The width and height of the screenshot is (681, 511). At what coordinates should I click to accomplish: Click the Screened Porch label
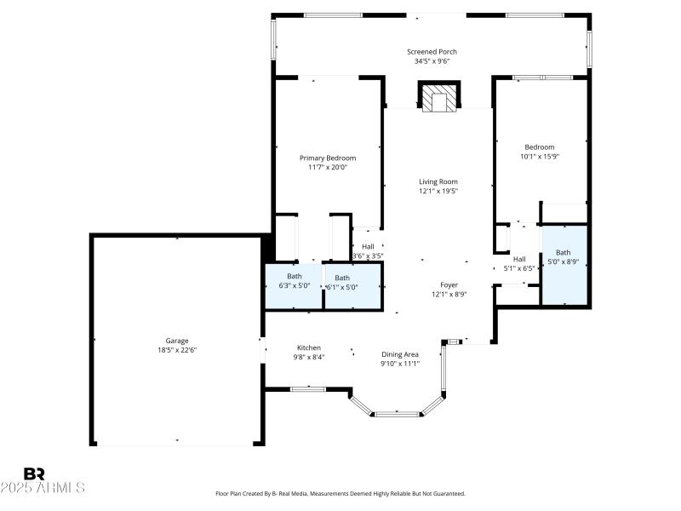tap(432, 52)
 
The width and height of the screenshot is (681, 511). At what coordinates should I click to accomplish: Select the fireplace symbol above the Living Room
tap(438, 98)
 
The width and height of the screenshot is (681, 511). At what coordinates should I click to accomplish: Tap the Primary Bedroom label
tap(328, 158)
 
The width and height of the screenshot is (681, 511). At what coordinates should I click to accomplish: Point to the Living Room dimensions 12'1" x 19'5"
tap(438, 192)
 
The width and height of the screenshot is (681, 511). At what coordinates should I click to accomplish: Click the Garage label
tap(177, 341)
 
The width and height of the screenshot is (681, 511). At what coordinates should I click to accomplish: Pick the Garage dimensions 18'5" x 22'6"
tap(177, 350)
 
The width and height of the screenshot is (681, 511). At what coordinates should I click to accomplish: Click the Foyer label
tap(449, 285)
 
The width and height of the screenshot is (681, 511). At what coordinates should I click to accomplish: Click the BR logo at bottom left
tap(34, 474)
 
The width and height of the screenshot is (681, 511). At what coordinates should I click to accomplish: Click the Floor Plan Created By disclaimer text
tap(340, 494)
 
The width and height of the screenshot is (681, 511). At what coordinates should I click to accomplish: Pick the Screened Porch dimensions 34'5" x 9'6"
tap(432, 61)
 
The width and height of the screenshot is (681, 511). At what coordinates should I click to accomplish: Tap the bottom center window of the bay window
tap(399, 414)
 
